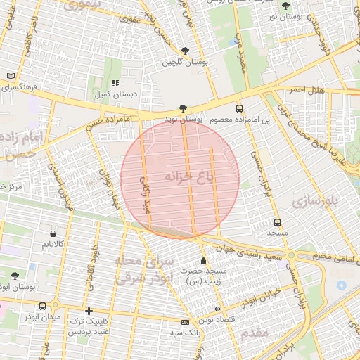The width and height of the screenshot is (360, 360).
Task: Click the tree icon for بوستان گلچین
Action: pos(185,51)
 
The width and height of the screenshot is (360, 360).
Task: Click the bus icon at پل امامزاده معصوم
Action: pos(240,108)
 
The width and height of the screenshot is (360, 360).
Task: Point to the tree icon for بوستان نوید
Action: pos(183,108)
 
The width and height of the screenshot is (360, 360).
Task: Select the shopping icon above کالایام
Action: pos(53,233)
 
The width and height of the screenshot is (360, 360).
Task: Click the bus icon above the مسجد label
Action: pos(277,220)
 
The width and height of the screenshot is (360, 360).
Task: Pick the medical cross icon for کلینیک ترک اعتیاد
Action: pos(88,311)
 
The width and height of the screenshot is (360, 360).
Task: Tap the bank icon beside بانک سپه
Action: pos(184,322)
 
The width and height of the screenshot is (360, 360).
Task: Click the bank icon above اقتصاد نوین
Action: pos(217,309)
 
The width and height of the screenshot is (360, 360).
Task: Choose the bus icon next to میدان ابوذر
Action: pos(44,306)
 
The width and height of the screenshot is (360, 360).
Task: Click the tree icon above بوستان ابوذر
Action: pos(15,275)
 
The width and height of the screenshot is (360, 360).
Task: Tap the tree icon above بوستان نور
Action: pos(285,6)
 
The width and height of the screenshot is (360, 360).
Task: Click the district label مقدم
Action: pos(253,334)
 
